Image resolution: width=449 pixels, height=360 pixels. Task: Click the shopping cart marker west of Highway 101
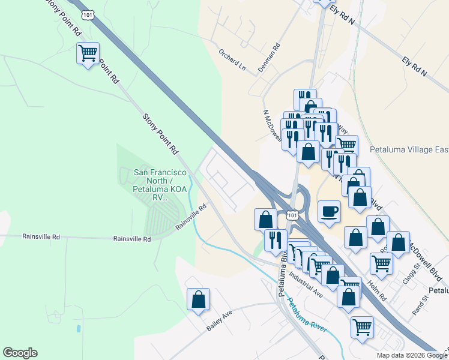(x=88, y=54)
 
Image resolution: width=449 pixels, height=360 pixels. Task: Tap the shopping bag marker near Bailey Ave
(x=198, y=299)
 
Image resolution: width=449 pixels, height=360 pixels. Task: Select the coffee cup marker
(x=330, y=212)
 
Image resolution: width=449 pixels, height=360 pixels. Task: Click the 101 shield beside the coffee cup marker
(x=292, y=215)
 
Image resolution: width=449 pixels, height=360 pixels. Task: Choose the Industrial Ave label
(x=306, y=285)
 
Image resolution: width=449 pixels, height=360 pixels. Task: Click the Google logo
(x=20, y=353)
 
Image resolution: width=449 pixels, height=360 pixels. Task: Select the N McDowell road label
(x=273, y=126)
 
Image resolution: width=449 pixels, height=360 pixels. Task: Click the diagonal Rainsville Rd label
(x=191, y=217)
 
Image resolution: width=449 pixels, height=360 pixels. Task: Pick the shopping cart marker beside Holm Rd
(x=382, y=262)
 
